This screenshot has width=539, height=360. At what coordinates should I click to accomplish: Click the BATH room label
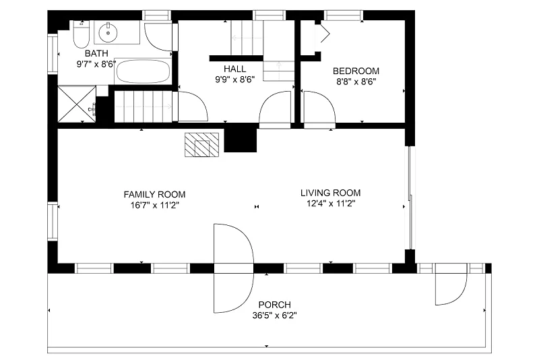coord(96,53)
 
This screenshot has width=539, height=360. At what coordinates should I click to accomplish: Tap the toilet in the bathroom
coord(81,34)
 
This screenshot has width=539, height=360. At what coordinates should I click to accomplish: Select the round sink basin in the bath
coord(108,32)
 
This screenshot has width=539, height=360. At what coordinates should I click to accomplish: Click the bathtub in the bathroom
coord(143,71)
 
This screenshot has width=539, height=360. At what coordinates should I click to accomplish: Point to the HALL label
coord(234,68)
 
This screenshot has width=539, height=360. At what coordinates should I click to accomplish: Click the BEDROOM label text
coord(356,71)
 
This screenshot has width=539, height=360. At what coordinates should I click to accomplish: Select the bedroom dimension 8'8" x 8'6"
coord(356,82)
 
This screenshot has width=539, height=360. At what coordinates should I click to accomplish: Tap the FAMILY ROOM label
coord(155,195)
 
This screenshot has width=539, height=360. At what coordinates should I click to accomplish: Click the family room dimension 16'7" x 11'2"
coord(155,206)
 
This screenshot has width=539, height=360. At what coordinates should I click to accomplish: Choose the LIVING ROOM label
coord(331,193)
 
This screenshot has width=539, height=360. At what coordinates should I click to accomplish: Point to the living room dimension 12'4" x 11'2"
coord(331,204)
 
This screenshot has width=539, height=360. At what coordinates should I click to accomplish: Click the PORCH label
coord(275,305)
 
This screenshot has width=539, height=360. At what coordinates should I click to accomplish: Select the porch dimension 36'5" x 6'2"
coord(275,316)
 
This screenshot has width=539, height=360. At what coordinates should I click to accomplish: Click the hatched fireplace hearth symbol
coord(201,145)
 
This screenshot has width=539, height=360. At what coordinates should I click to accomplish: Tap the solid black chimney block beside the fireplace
coord(241,138)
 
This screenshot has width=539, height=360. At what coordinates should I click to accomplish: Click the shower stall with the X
coord(77,104)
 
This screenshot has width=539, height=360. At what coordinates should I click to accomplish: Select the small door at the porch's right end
coord(451,284)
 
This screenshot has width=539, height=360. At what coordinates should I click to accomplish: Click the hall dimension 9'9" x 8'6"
coord(234,80)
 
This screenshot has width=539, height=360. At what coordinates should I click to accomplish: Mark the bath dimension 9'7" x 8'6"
coord(96,64)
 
